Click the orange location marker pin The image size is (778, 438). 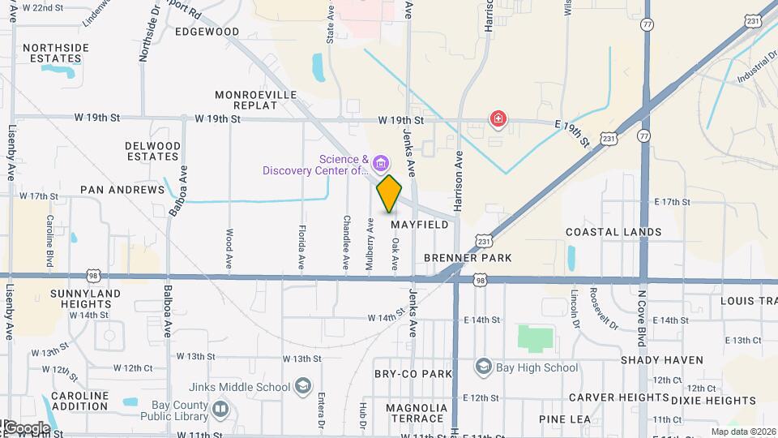pyautogui.click(x=390, y=193)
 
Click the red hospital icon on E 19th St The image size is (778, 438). pyautogui.click(x=498, y=121)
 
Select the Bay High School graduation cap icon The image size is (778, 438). pyautogui.click(x=484, y=367)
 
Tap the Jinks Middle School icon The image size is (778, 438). pyautogui.click(x=303, y=385)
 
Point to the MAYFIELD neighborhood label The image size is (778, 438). pyautogui.click(x=419, y=225)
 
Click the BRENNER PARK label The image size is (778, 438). pyautogui.click(x=468, y=258)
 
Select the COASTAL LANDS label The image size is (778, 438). pyautogui.click(x=613, y=232)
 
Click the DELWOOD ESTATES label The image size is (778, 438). pyautogui.click(x=152, y=151)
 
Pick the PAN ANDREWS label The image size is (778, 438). pyautogui.click(x=122, y=190)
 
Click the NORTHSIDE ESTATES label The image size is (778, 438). pyautogui.click(x=55, y=53)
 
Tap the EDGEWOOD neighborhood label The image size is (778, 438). pyautogui.click(x=207, y=32)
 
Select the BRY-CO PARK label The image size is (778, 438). pyautogui.click(x=413, y=374)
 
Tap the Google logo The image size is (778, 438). pyautogui.click(x=26, y=427)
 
